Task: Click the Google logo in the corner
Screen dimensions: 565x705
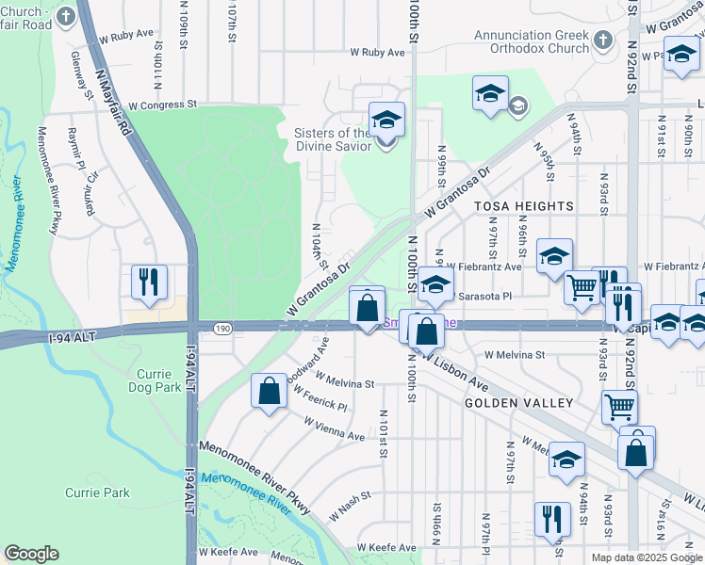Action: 31,554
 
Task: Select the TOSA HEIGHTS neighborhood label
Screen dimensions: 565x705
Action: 523,206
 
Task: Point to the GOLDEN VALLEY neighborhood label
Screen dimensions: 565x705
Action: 518,403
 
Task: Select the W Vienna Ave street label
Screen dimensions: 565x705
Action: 334,429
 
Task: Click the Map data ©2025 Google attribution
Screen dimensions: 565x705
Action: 646,557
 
